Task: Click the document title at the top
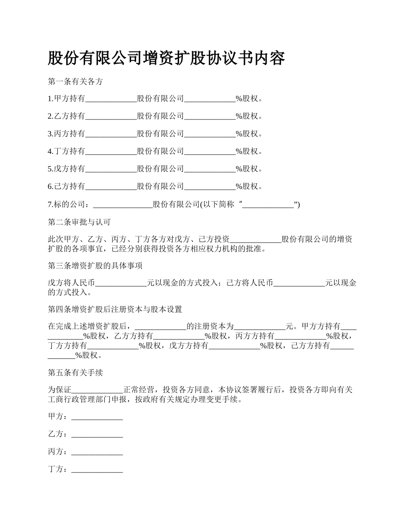click(166, 58)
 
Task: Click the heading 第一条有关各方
click(75, 82)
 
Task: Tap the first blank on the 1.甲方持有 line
click(111, 99)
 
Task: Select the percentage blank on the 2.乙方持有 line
click(210, 117)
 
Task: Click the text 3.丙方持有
click(66, 134)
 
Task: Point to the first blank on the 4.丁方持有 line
click(111, 151)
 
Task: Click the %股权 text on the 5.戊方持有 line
click(249, 169)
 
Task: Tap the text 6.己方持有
click(66, 186)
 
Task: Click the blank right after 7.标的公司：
click(122, 205)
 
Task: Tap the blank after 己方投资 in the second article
click(256, 239)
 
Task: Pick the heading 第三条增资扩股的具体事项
click(95, 266)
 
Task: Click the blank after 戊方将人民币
click(121, 283)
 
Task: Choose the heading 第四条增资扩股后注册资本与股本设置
click(115, 309)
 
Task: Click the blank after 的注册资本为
click(260, 327)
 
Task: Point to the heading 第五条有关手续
click(75, 372)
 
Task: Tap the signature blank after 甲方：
click(97, 417)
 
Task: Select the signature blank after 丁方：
click(97, 469)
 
